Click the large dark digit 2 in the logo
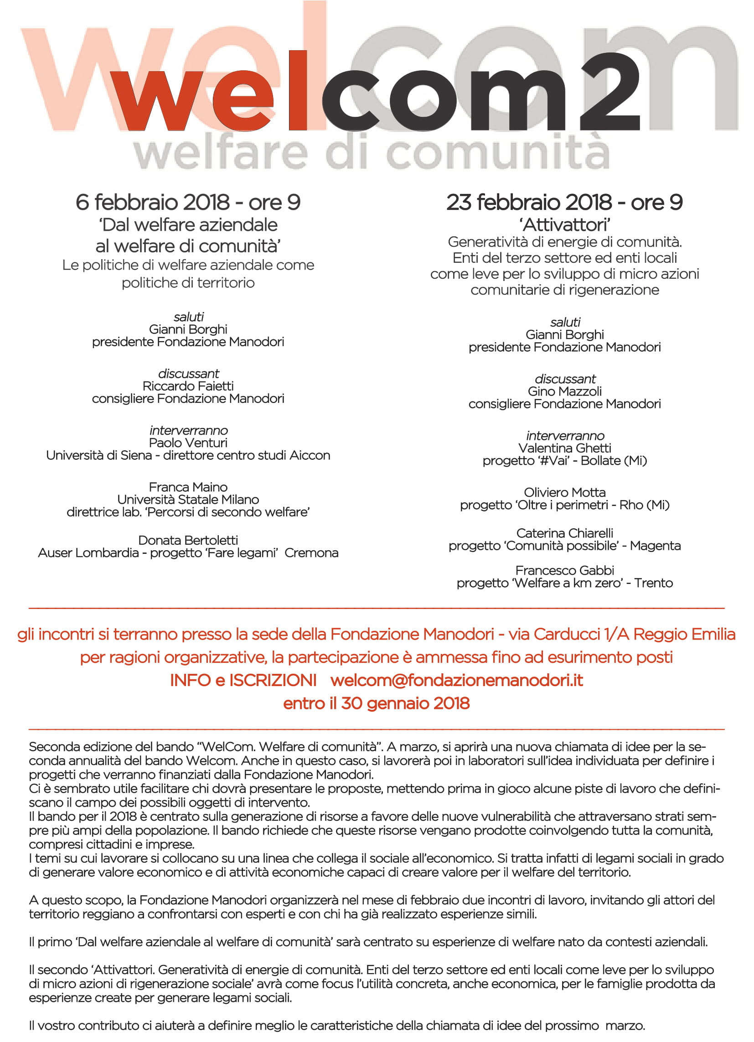(x=610, y=92)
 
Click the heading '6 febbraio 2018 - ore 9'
(x=188, y=202)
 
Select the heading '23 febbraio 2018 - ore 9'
(x=564, y=202)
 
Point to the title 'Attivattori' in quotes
(x=564, y=224)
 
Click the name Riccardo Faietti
(x=188, y=386)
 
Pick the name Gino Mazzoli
(x=564, y=391)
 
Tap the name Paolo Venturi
(x=188, y=443)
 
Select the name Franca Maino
(x=188, y=487)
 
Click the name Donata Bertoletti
(x=188, y=540)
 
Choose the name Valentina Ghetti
(x=564, y=448)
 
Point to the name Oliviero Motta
(x=564, y=493)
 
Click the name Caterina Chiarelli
(x=564, y=533)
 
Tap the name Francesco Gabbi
(x=564, y=571)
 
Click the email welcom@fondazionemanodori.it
(x=456, y=680)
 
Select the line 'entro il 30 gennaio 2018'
(x=377, y=703)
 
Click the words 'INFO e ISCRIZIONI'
(x=243, y=680)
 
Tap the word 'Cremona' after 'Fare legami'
(x=311, y=552)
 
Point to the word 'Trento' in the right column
(x=653, y=583)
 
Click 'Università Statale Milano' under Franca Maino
(x=188, y=500)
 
